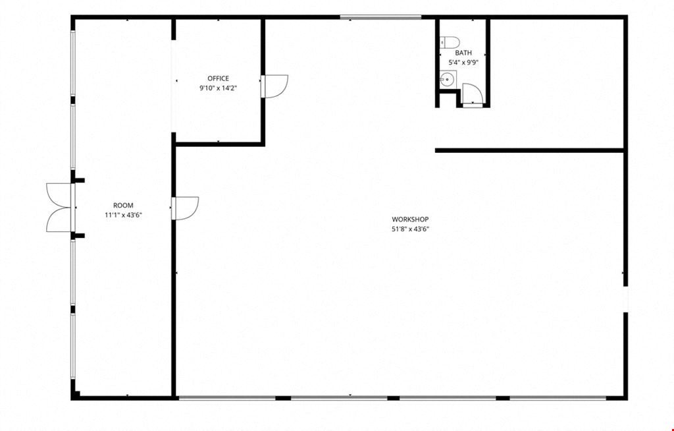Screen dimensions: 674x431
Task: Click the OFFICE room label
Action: [219, 78]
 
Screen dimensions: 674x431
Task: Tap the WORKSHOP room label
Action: [410, 219]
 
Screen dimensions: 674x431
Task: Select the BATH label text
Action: [463, 53]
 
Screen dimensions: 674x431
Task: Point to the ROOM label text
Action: [123, 206]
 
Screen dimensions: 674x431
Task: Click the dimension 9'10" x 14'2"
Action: [219, 88]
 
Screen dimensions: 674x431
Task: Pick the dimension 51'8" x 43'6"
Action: [410, 229]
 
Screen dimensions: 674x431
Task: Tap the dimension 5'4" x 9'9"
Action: [463, 63]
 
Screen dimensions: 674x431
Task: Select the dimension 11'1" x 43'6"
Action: [123, 215]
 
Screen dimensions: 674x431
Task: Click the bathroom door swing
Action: [473, 94]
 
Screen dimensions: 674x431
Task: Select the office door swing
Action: [274, 86]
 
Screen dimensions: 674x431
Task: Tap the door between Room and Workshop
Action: [185, 208]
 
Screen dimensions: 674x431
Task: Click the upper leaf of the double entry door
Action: [59, 196]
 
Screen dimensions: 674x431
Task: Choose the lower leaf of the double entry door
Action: [59, 220]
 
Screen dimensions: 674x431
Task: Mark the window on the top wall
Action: [380, 17]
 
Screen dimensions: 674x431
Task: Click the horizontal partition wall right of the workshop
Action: [530, 150]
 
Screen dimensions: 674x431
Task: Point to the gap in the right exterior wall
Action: [626, 299]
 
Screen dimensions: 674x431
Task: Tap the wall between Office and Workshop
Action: [263, 82]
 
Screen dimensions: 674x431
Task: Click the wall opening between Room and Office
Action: [174, 86]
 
